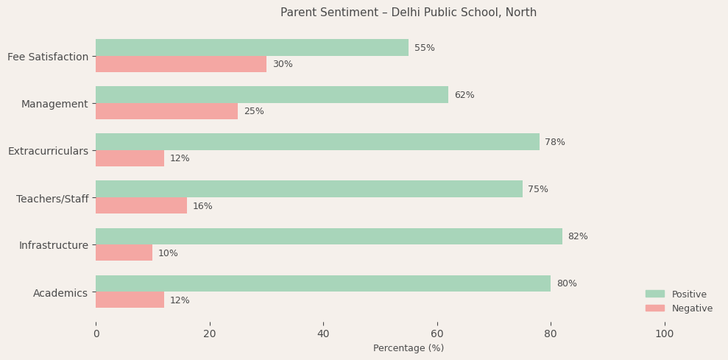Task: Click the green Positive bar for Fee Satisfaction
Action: (252, 48)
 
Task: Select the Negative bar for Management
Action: (166, 111)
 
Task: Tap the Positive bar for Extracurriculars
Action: (317, 142)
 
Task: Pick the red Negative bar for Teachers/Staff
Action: (141, 205)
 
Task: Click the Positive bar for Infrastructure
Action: (328, 236)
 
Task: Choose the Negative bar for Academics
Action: (130, 300)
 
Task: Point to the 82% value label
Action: (578, 236)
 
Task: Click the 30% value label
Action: (283, 64)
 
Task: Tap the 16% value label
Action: (202, 206)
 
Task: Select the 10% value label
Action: (168, 253)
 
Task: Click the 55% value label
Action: (425, 48)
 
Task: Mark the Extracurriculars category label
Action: (48, 151)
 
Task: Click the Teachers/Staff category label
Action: (52, 199)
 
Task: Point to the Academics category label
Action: (60, 293)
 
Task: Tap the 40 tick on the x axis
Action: (323, 333)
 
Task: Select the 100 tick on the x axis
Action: (664, 333)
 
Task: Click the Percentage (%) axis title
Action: (409, 348)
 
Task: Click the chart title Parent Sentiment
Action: (409, 13)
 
